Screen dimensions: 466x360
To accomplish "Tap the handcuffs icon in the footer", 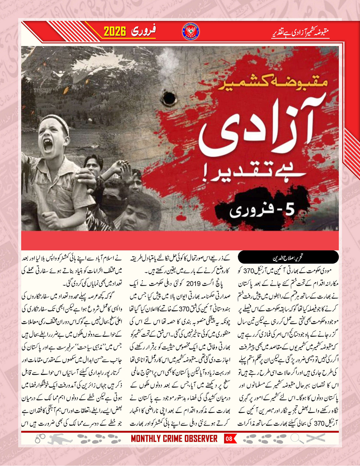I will (x=40, y=439).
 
